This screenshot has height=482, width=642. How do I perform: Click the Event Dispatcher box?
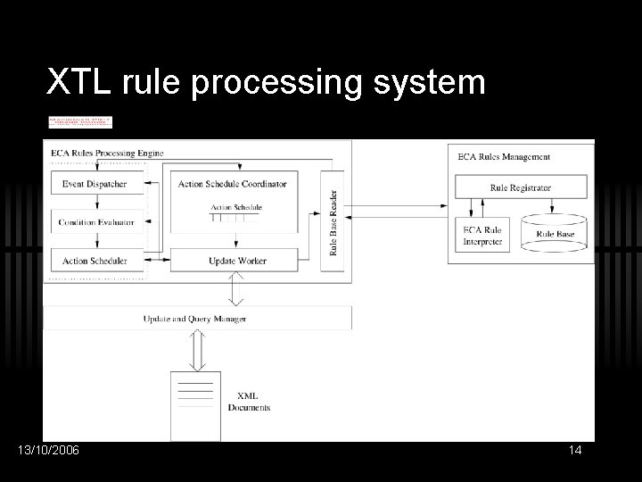click(95, 184)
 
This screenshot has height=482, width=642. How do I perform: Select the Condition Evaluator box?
click(95, 222)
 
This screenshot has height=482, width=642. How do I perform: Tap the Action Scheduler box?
click(95, 261)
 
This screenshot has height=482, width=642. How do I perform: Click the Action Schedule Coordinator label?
click(233, 184)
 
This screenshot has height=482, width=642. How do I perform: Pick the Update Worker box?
click(238, 261)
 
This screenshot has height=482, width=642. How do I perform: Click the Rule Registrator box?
click(521, 188)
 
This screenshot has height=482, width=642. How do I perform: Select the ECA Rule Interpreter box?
click(481, 235)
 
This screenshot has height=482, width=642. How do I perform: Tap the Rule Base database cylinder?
click(556, 231)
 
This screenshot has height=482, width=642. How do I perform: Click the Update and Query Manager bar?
click(194, 319)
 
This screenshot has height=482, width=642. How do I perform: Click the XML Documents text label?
click(249, 402)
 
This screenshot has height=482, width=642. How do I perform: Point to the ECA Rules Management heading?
click(504, 157)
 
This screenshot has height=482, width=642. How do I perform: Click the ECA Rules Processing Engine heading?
click(109, 154)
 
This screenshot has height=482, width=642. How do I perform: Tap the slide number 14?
click(575, 450)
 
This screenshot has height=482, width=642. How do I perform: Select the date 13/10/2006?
click(48, 450)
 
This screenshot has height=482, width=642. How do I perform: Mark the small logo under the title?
click(80, 122)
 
